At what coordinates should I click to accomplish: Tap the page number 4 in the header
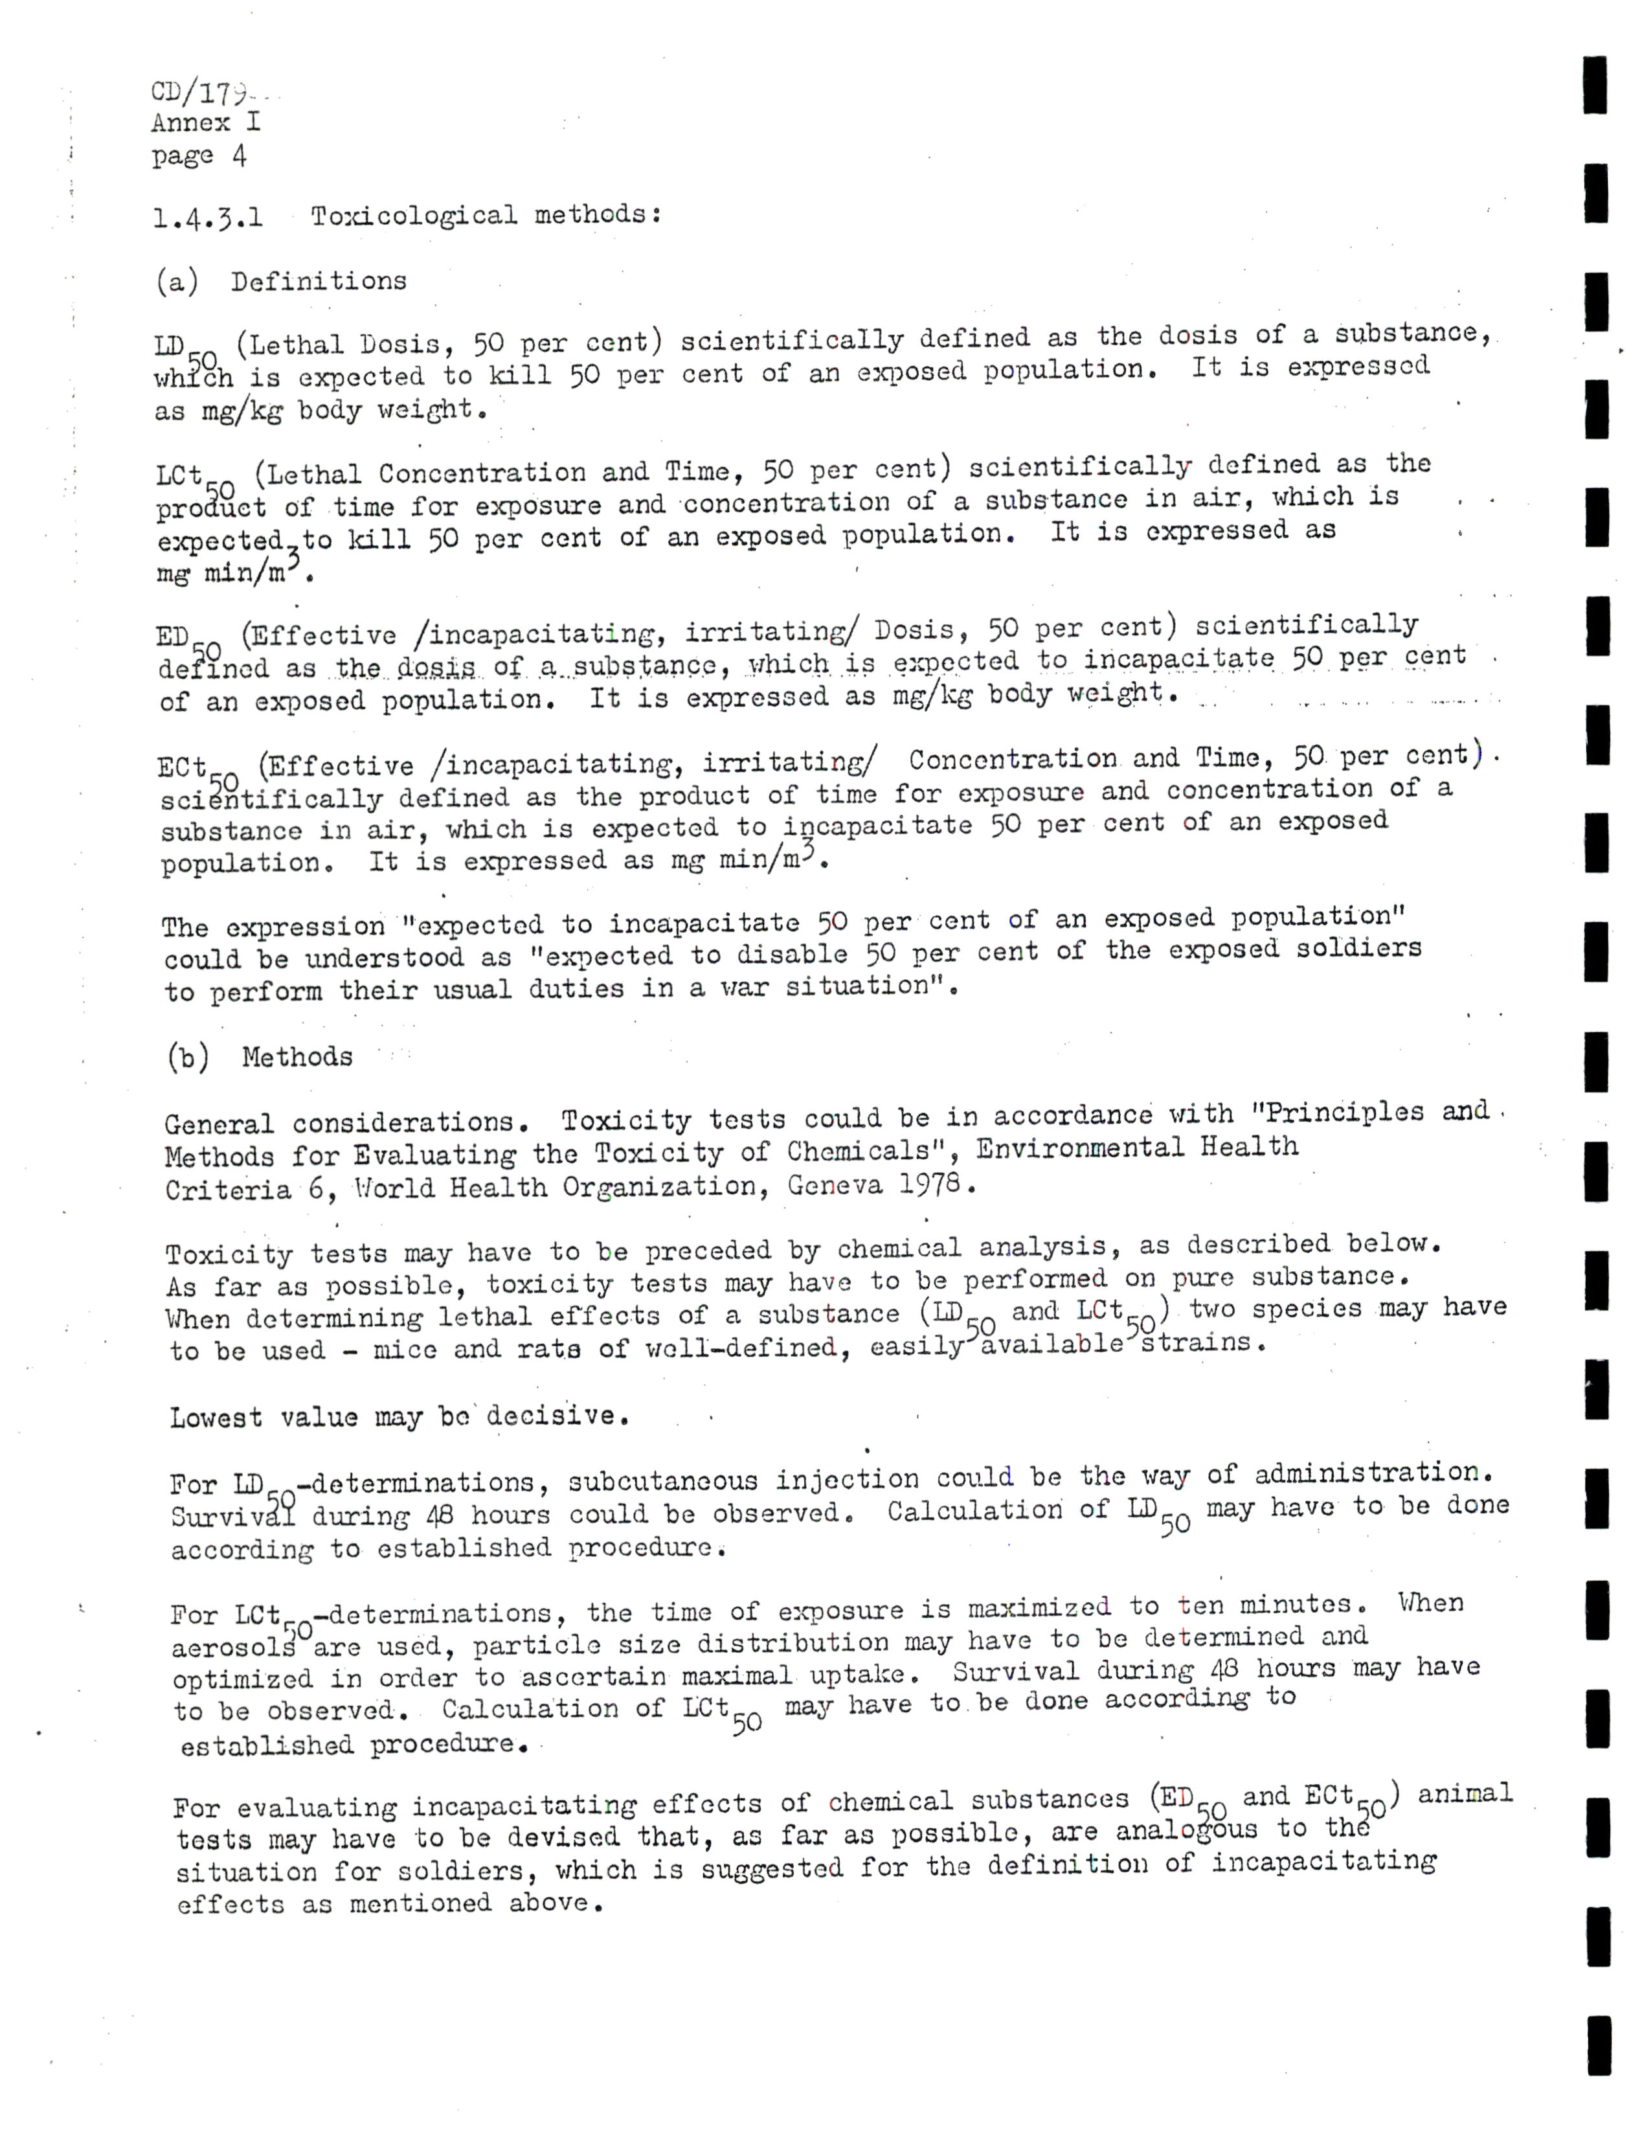[x=239, y=156]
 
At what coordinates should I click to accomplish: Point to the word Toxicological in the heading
[x=414, y=214]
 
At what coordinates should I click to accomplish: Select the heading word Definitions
[x=318, y=281]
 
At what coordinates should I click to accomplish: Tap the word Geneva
[x=836, y=1186]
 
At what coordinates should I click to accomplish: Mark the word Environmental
[x=1079, y=1148]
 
